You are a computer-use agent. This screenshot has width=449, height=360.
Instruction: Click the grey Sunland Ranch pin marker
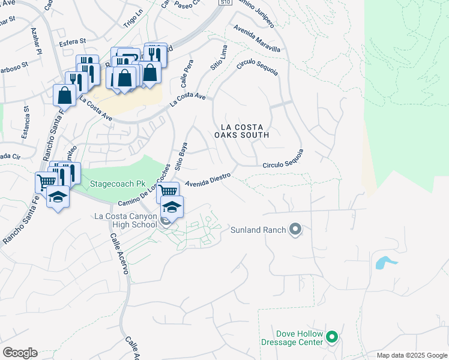(x=295, y=229)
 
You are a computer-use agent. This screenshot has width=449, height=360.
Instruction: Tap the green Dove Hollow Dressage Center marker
(x=332, y=338)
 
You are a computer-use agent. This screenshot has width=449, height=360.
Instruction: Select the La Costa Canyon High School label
(x=125, y=220)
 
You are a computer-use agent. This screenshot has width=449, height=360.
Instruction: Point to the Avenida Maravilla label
(x=258, y=39)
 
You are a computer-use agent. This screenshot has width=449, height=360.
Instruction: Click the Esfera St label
(x=73, y=43)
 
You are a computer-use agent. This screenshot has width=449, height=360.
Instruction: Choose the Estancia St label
(x=25, y=123)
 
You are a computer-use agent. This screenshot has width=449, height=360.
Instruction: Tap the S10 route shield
(x=225, y=2)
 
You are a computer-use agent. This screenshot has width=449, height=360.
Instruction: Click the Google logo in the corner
(x=20, y=353)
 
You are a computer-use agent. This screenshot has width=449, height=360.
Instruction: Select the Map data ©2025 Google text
(x=412, y=355)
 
